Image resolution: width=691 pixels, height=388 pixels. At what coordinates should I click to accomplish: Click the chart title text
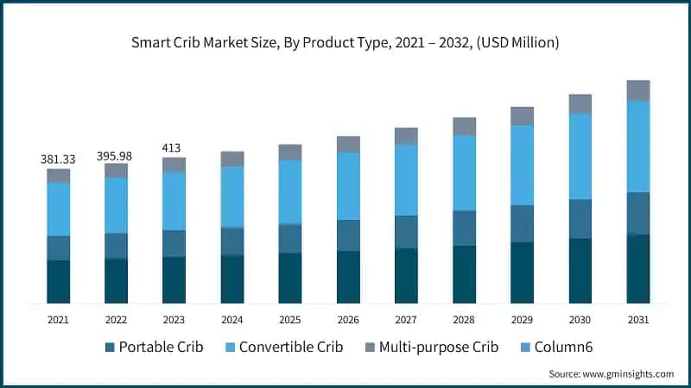tap(345, 42)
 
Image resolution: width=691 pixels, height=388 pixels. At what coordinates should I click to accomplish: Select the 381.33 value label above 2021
tap(59, 160)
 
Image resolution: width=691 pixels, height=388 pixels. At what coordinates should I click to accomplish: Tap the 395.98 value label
tap(117, 154)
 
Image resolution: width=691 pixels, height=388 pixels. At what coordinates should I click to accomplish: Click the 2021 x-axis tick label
tap(59, 320)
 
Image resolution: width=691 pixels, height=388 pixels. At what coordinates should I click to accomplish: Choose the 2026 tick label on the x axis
tap(348, 320)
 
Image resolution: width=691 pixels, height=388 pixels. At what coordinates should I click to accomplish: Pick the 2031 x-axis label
tap(637, 320)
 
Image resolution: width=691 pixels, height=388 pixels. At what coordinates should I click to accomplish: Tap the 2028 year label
tap(464, 320)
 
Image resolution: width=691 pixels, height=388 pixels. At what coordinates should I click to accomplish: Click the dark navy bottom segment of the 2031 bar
tap(637, 269)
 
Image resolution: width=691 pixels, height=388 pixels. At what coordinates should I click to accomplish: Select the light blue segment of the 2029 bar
tap(522, 165)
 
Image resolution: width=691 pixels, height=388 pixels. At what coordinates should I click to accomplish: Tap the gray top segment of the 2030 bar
tap(580, 103)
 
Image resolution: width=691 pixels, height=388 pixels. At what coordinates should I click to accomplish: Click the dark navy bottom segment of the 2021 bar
tap(59, 282)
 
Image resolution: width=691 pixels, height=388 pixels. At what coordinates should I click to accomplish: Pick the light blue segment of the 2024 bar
tap(232, 197)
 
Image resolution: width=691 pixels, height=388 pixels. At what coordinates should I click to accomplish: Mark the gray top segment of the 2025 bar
tap(290, 152)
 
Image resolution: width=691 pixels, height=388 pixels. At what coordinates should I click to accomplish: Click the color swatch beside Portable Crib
tap(109, 347)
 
